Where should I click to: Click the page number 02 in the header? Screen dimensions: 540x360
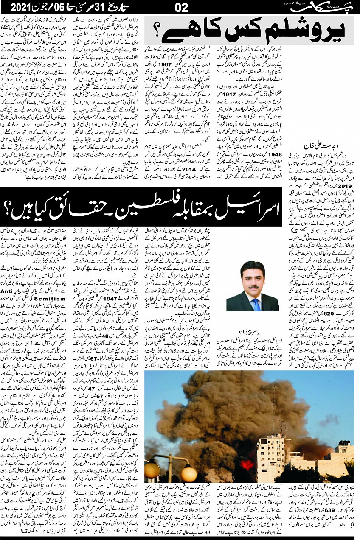click(181, 7)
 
